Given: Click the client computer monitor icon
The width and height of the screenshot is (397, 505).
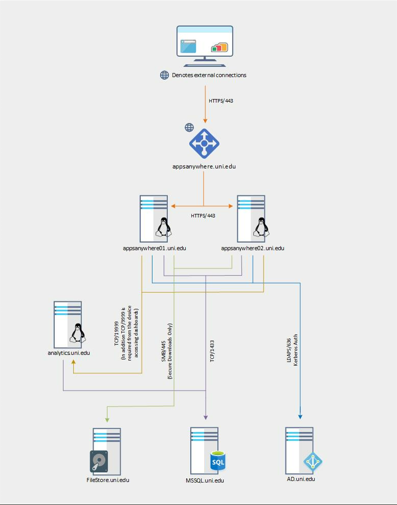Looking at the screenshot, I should coord(205,46).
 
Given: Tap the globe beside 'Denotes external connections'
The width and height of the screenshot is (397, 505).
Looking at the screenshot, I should coord(164,75).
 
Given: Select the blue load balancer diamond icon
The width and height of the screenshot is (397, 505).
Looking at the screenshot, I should coord(204,144).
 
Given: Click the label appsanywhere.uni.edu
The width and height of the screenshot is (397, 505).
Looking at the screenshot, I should coord(204,166).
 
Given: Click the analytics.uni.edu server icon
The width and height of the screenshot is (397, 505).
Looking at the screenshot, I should coord(68,323).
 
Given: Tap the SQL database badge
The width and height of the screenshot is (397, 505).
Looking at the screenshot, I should coord(218,460).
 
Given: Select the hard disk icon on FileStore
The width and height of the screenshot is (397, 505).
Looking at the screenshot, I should coord(99,461).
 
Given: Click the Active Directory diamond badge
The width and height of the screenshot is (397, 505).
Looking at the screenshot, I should coord(313,462).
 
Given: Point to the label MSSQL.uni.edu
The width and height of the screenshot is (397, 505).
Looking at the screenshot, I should coord(205,480).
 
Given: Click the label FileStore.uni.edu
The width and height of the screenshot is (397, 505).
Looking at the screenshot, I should coord(107,480).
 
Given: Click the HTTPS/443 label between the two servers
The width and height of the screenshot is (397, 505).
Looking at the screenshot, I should coord(203,215).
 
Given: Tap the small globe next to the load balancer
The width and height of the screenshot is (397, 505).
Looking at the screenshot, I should coord(189,127).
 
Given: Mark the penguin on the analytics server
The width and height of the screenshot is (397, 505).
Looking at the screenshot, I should coord(77,333).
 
